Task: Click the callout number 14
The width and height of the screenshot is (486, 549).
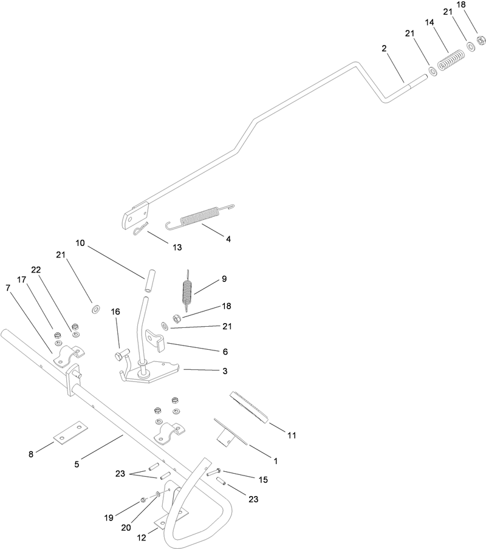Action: [430, 22]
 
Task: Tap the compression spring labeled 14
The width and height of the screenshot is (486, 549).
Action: [451, 60]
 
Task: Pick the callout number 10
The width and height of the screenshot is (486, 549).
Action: [80, 243]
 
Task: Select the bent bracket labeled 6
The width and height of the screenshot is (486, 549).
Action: [156, 339]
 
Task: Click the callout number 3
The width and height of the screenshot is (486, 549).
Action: [225, 371]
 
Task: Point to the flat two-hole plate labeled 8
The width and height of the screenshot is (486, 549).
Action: [70, 433]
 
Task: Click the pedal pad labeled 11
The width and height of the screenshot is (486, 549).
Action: [249, 407]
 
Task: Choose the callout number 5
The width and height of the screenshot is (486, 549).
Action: [77, 464]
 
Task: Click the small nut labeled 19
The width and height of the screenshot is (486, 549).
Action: [143, 500]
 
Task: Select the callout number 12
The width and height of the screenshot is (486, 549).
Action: [142, 537]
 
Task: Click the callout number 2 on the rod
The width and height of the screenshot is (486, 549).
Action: [384, 49]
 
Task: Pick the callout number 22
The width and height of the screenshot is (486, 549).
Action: [36, 270]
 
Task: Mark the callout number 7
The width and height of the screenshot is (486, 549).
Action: [8, 288]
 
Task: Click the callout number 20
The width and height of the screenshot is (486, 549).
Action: [126, 528]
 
